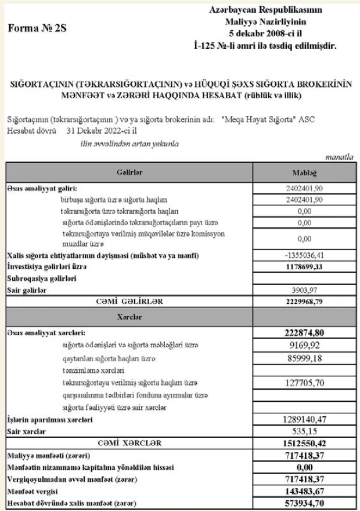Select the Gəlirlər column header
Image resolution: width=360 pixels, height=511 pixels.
[129, 172]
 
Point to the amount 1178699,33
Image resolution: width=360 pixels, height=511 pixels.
[305, 267]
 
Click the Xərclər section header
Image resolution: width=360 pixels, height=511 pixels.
[129, 318]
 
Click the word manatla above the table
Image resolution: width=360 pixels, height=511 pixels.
[341, 157]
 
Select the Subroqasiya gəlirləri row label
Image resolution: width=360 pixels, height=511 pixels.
[39, 278]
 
